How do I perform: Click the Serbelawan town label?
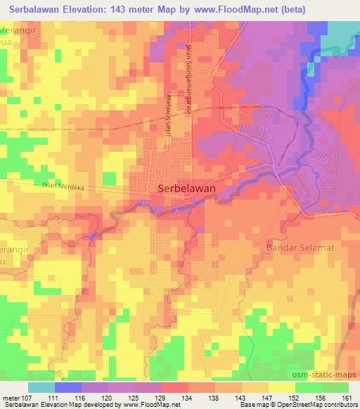186,188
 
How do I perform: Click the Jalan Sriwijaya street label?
167,123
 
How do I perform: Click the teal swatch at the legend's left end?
41,387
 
